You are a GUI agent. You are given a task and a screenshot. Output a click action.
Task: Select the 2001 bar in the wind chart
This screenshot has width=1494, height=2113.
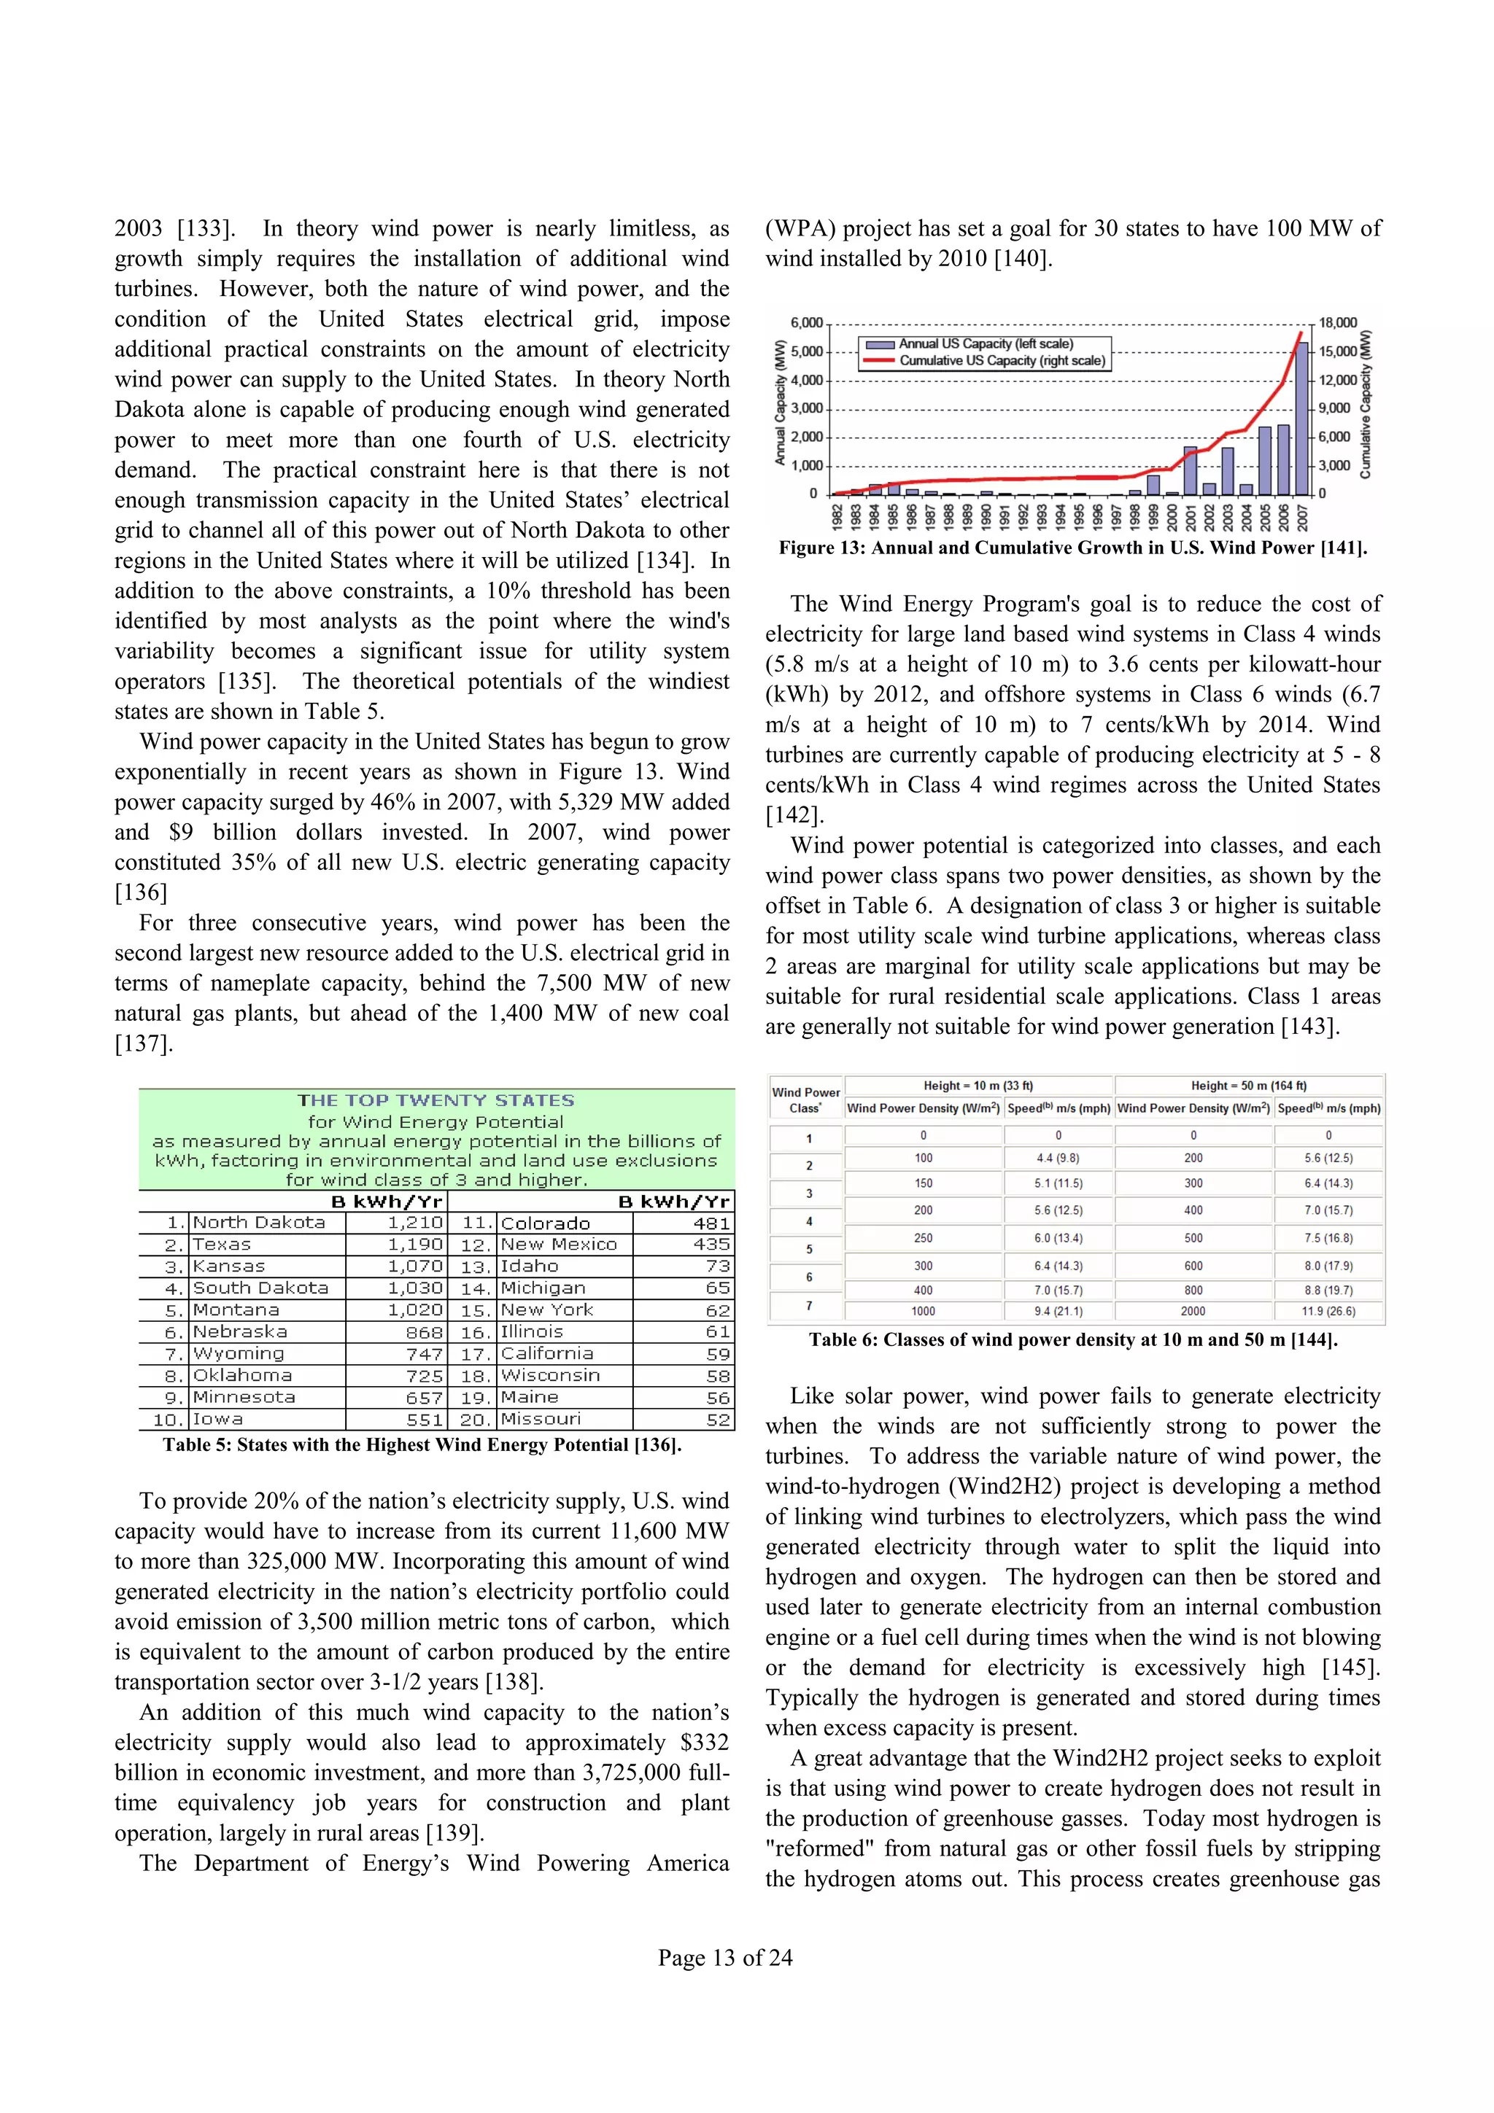click(x=1191, y=471)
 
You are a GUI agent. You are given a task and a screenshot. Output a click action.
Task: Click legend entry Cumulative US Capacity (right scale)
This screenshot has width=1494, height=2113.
click(x=1002, y=361)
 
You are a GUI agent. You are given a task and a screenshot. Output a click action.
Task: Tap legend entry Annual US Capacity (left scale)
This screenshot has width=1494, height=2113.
click(x=986, y=343)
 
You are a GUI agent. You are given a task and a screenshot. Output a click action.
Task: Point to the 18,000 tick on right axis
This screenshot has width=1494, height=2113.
click(x=1337, y=323)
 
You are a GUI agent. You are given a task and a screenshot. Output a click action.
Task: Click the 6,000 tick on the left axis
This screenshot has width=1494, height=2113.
click(x=806, y=323)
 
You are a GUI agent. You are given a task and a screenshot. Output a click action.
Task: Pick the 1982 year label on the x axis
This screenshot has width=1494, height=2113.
click(x=837, y=516)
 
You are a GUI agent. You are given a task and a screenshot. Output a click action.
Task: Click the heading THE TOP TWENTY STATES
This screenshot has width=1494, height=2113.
click(x=436, y=1100)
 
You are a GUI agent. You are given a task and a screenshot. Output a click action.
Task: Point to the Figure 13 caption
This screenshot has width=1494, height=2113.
click(x=1072, y=548)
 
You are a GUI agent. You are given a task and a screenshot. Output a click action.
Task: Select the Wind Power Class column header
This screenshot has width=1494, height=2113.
click(x=805, y=1099)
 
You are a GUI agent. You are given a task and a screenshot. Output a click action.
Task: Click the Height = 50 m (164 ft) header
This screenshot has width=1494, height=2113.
click(x=1248, y=1085)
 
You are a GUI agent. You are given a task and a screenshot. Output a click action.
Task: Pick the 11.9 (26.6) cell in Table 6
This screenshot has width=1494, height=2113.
click(x=1328, y=1310)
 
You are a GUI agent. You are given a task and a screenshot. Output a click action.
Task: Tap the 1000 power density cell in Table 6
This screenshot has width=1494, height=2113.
click(x=924, y=1310)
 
